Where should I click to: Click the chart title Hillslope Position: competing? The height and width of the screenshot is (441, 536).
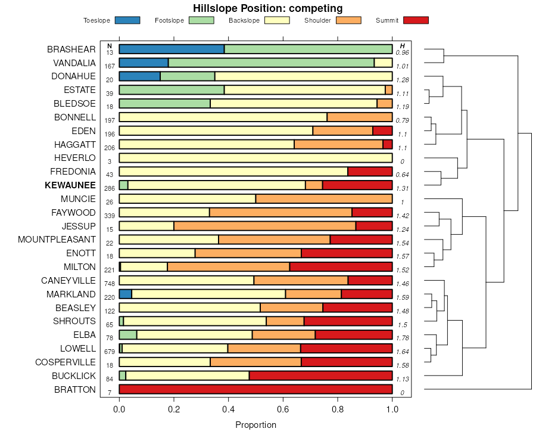tap(267, 8)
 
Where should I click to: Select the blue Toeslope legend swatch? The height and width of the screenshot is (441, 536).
tap(127, 20)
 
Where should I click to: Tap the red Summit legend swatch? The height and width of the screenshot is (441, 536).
tap(416, 20)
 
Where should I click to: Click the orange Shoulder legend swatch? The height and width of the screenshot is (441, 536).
tap(348, 20)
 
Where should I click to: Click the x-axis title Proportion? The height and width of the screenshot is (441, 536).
tap(255, 426)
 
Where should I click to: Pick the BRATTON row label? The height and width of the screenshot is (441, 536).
tap(74, 390)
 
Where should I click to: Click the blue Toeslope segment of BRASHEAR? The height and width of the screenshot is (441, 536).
tap(172, 49)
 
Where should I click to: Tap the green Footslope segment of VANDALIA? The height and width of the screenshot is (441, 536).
tap(271, 63)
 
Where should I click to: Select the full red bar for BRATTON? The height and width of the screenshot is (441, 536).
tap(255, 389)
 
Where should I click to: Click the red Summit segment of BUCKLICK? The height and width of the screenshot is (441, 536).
tap(320, 375)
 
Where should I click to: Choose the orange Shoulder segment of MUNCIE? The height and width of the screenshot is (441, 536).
tap(324, 198)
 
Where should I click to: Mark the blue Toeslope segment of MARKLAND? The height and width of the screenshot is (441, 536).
tap(125, 294)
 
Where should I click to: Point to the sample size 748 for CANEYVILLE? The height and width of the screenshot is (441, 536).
tap(110, 284)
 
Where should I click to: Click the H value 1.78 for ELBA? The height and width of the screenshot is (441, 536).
tap(403, 338)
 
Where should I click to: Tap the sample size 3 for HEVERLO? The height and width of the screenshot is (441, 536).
tap(110, 162)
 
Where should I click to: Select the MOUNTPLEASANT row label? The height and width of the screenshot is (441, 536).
tap(57, 240)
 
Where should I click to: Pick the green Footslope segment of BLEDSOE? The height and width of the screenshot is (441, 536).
tap(164, 103)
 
